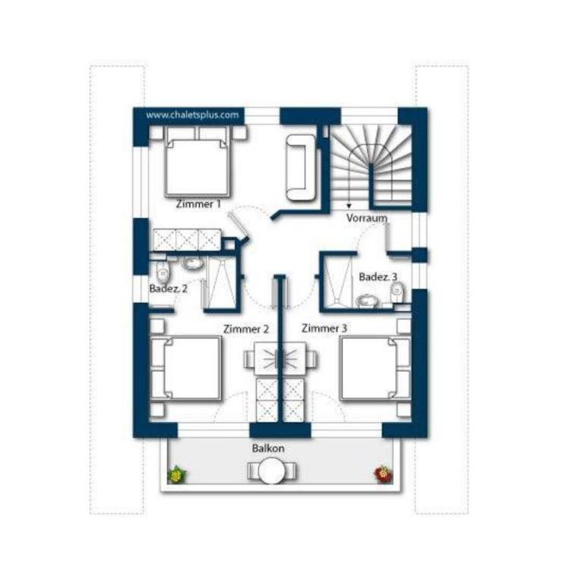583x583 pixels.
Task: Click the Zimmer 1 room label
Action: (x=198, y=204)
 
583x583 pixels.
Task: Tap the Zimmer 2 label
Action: (x=246, y=329)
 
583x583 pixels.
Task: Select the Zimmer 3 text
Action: (x=324, y=328)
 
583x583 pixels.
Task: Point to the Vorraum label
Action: (x=367, y=218)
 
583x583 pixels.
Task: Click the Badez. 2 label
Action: (x=168, y=288)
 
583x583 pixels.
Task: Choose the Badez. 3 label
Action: (x=378, y=277)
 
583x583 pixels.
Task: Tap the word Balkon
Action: (x=268, y=448)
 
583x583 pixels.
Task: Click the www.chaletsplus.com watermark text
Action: (x=192, y=115)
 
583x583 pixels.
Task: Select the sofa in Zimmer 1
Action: (x=301, y=168)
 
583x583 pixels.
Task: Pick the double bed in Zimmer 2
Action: (x=185, y=368)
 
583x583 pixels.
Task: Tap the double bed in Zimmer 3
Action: (x=376, y=368)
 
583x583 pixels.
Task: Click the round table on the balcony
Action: (x=272, y=471)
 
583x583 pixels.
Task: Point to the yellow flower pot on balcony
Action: (x=177, y=474)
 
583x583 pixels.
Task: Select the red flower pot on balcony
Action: (x=383, y=474)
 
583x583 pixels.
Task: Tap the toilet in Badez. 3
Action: (x=398, y=292)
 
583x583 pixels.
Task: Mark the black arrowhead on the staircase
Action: (x=348, y=206)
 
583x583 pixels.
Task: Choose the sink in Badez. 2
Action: (x=192, y=263)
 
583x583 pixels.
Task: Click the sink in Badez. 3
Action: (x=367, y=301)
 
